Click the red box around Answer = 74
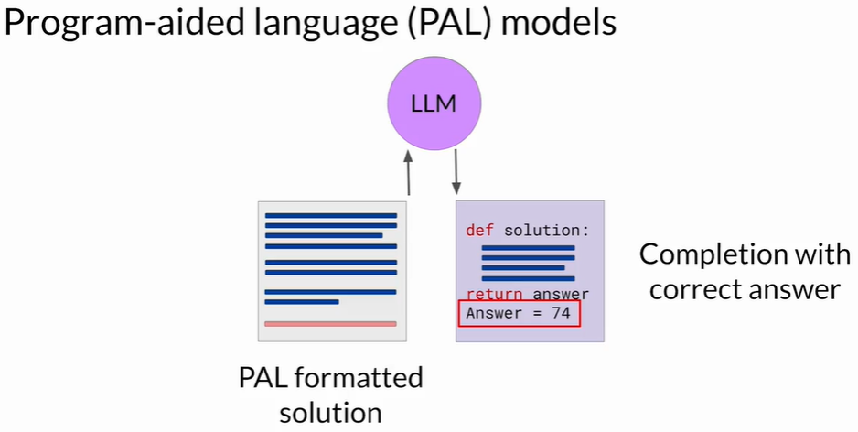518,313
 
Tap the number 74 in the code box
561,313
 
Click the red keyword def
479,230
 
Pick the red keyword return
494,295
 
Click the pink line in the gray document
330,323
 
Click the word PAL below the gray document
264,377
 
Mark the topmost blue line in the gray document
330,216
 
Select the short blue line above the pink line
302,301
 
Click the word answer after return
561,295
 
